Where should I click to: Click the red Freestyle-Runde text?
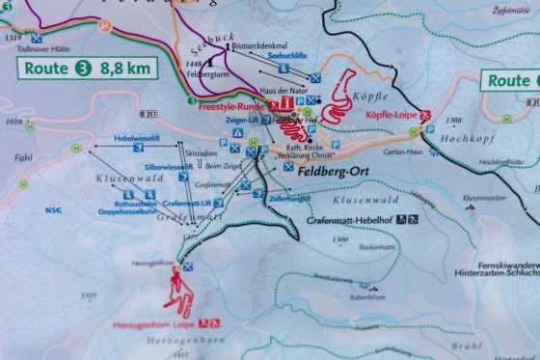coord(232,104)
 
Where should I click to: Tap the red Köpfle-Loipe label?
coord(390,114)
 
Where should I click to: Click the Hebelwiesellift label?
coord(136,139)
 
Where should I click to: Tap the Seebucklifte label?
coord(286,54)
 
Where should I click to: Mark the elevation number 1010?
coord(13,123)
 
